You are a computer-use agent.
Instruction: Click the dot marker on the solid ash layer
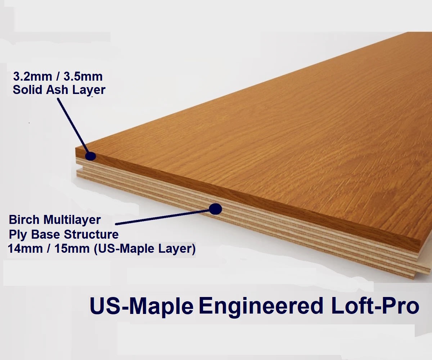(x=90, y=156)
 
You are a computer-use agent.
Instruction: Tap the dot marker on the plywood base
(x=215, y=208)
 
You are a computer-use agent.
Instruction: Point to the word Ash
(x=58, y=90)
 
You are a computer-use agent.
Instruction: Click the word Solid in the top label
(x=28, y=90)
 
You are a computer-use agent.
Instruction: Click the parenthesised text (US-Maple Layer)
(x=144, y=249)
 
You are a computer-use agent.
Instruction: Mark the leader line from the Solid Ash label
(x=72, y=124)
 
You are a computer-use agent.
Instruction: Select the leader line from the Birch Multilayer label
(x=162, y=217)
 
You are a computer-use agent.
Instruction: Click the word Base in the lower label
(x=44, y=234)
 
